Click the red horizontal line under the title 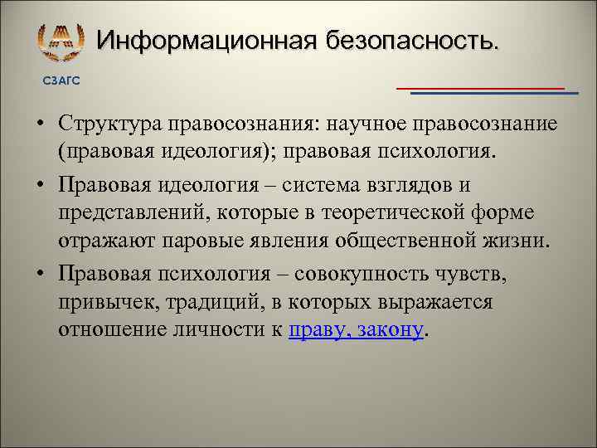click(x=480, y=87)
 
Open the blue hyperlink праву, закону click(x=356, y=332)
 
